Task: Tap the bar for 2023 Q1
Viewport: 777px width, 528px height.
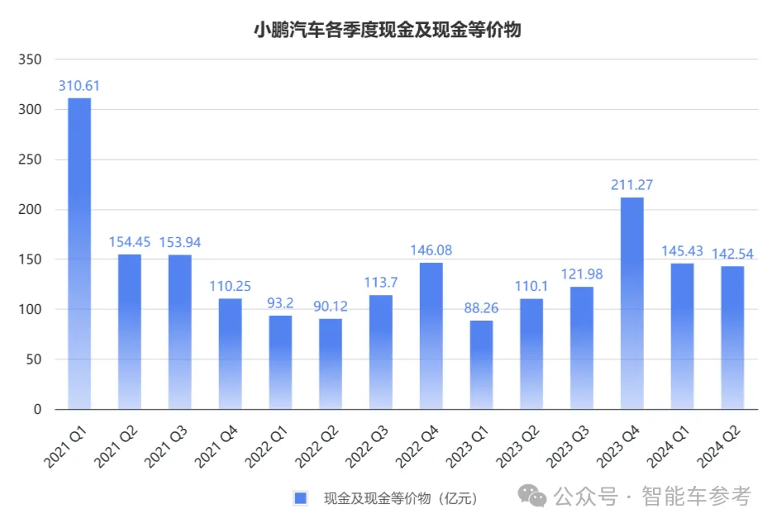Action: click(x=481, y=364)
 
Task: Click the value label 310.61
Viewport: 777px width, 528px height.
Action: click(x=79, y=86)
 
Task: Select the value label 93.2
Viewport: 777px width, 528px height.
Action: click(x=280, y=303)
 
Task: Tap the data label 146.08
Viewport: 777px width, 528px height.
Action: click(x=431, y=250)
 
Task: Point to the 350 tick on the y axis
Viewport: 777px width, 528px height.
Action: click(x=30, y=59)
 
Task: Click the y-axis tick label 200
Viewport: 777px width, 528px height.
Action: click(x=30, y=210)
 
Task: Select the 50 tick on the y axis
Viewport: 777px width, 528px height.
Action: click(x=33, y=359)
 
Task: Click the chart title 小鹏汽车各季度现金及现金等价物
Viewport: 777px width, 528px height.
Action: click(x=388, y=31)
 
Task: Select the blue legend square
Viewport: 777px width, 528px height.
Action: click(x=300, y=497)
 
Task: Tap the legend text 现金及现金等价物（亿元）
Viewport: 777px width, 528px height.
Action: click(x=400, y=497)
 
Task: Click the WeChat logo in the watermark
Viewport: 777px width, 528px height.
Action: click(x=532, y=496)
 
